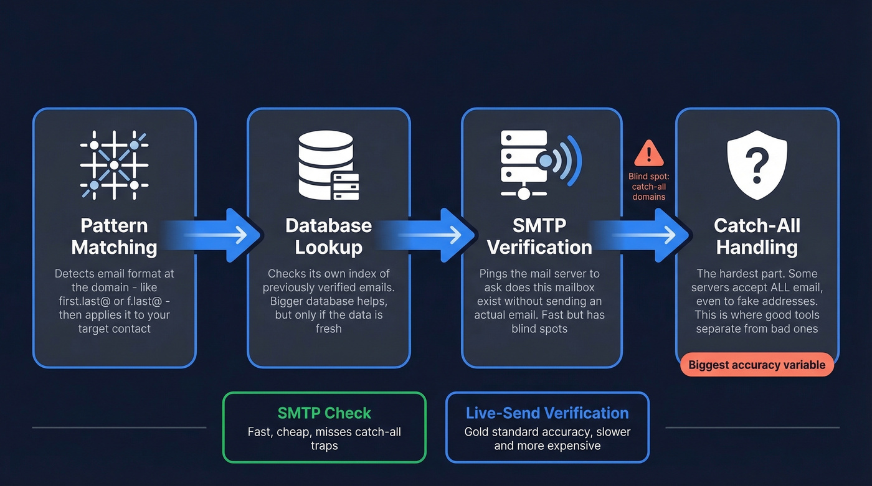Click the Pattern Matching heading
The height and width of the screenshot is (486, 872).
coord(114,236)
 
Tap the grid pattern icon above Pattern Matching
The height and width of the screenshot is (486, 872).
coord(114,165)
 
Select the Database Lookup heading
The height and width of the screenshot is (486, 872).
coord(328,236)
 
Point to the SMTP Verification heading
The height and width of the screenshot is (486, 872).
coord(539,236)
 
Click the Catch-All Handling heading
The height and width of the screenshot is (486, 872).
coord(757,236)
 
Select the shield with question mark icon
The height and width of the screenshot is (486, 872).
coord(757,165)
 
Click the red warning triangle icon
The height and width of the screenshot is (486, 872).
coord(648,153)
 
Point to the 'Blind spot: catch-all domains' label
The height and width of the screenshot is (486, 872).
coord(648,187)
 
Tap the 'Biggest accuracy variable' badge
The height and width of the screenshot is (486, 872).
coord(757,365)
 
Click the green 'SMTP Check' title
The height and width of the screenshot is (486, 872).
coord(324,413)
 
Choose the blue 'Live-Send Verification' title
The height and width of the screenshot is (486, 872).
coord(547,413)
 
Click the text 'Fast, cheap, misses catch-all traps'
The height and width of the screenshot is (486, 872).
coord(324,439)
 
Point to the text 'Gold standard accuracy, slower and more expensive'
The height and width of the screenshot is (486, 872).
coord(547,439)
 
